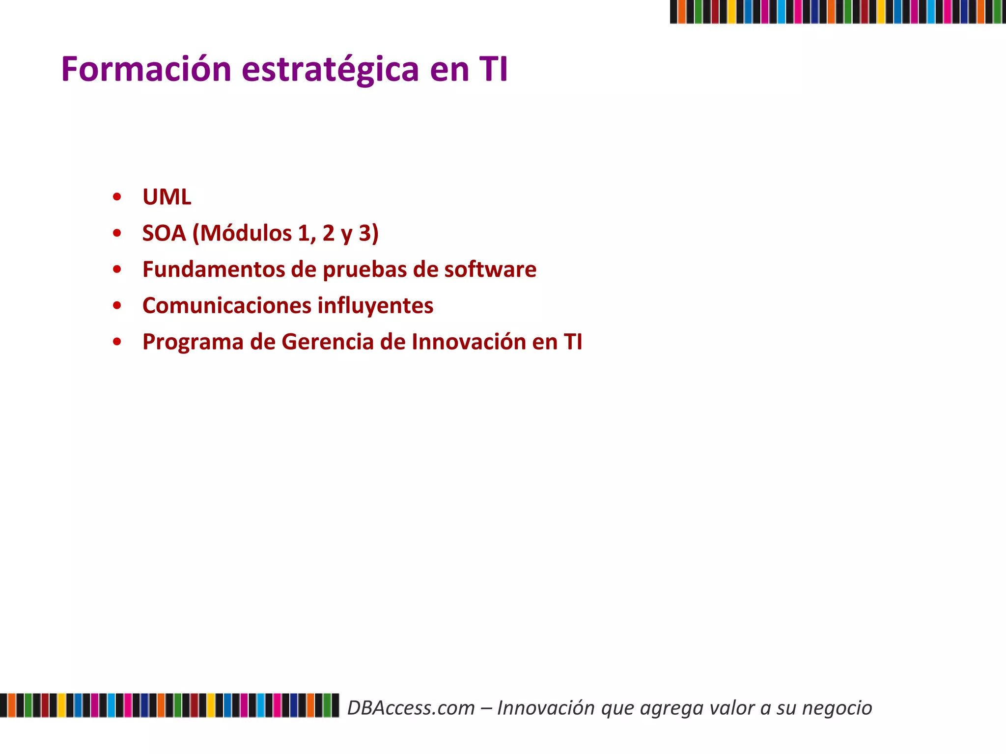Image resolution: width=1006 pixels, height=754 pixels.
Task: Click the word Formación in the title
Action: (x=146, y=69)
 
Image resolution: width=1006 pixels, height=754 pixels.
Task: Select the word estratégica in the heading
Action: (x=331, y=69)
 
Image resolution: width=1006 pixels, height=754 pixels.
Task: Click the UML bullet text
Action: (x=167, y=197)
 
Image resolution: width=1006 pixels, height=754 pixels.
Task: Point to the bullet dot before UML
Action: (x=117, y=197)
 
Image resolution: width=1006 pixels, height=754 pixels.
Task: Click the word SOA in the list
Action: (x=164, y=233)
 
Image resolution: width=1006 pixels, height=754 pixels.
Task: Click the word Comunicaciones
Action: (x=226, y=306)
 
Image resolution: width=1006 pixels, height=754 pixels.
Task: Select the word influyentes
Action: (x=376, y=306)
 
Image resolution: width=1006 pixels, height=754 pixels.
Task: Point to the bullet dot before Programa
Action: (x=117, y=342)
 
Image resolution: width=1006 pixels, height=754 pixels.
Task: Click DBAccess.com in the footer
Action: (x=411, y=708)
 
